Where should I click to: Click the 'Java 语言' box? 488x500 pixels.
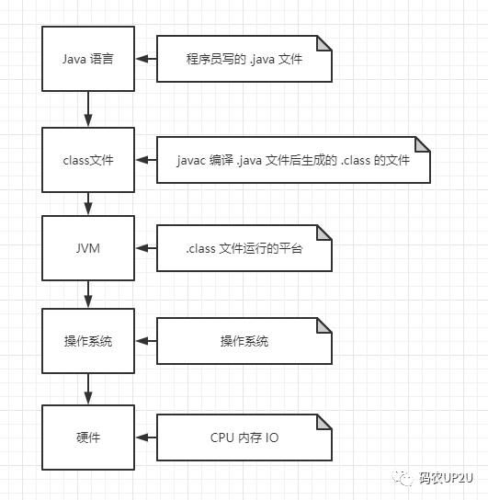(88, 59)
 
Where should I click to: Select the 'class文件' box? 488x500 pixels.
(88, 160)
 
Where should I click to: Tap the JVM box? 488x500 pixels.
(88, 248)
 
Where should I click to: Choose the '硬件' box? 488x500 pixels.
(88, 437)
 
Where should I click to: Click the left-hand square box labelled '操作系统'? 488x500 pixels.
(88, 341)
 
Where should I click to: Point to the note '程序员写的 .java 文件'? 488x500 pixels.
(244, 59)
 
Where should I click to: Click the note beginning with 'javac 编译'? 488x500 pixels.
(293, 160)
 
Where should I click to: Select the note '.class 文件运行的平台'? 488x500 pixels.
(244, 248)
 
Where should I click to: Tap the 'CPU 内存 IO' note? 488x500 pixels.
(244, 437)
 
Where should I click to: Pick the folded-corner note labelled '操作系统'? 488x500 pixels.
(244, 341)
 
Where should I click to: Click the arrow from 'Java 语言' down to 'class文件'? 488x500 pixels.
(88, 109)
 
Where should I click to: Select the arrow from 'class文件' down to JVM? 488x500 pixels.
(88, 204)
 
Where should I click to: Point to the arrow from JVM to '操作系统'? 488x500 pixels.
(88, 294)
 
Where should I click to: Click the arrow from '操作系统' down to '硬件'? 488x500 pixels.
(88, 389)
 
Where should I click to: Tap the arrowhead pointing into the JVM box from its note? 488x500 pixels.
(142, 248)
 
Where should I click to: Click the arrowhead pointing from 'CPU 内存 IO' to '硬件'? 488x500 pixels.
(142, 437)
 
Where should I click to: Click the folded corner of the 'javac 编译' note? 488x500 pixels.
(422, 144)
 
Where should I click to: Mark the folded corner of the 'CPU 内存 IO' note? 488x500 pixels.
(323, 422)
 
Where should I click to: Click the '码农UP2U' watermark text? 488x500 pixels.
(446, 478)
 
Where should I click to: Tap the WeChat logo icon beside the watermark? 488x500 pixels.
(403, 478)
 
